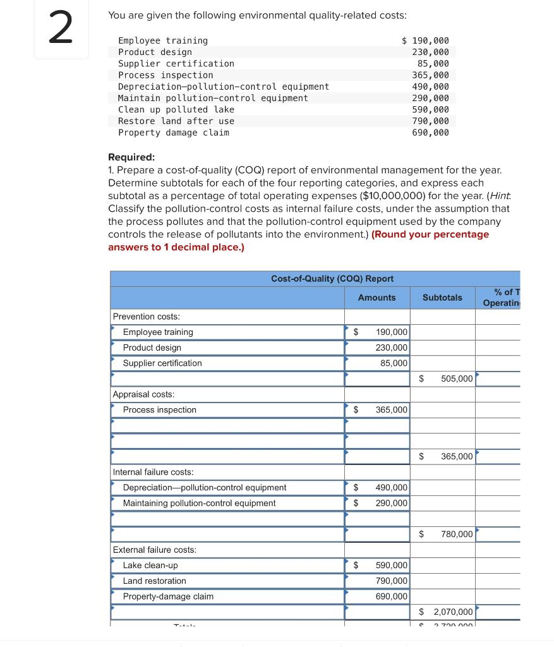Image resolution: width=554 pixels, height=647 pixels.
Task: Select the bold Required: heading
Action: (x=131, y=157)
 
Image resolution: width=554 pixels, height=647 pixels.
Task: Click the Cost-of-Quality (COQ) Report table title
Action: (x=332, y=279)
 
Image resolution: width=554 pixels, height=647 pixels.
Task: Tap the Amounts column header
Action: (x=376, y=298)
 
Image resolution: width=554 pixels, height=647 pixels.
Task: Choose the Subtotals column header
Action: (x=442, y=298)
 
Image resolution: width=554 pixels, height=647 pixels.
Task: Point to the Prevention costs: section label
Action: (x=146, y=317)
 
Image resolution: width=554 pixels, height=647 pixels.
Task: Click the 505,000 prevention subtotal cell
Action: (x=456, y=378)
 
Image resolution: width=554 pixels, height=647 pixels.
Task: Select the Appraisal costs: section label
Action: (x=143, y=394)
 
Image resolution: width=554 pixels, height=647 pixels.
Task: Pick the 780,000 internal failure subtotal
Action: (x=456, y=535)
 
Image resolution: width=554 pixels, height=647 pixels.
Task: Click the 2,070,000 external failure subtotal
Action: (x=452, y=612)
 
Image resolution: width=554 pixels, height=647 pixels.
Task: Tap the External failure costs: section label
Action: (x=154, y=550)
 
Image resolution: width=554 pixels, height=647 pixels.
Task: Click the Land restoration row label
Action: (x=154, y=581)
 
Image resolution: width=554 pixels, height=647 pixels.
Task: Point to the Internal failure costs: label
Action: (x=153, y=472)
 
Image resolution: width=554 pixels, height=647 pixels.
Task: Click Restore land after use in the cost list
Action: (x=176, y=121)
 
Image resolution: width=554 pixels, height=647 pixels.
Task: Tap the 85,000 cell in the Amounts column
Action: (x=394, y=363)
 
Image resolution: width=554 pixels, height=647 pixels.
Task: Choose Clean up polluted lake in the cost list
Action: (x=176, y=109)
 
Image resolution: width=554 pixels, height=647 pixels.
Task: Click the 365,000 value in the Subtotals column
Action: (x=456, y=456)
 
